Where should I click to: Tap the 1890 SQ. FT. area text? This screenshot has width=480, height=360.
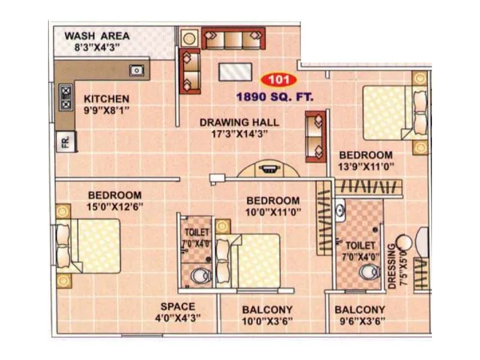pos(274,95)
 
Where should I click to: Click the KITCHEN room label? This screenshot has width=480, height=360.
pos(106,99)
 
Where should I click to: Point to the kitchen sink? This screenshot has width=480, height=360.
pos(137,70)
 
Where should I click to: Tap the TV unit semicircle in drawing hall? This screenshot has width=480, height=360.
pos(268,169)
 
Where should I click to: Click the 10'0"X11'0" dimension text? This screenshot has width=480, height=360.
pos(273,212)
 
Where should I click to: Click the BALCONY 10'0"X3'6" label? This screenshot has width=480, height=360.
pos(267,310)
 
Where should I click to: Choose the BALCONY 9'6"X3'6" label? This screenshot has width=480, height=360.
pos(360,310)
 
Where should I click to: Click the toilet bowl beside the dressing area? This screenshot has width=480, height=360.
pos(365,272)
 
